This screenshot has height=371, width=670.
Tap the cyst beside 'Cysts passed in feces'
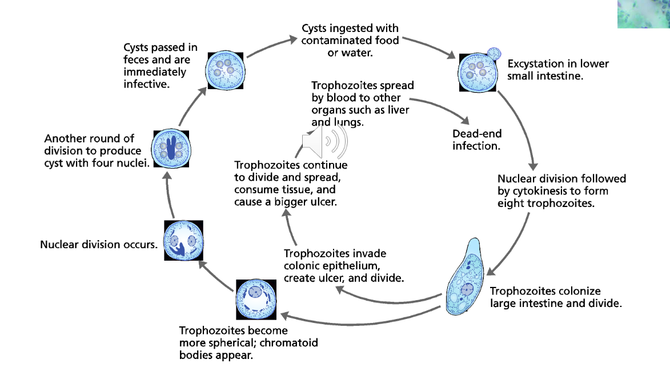[x=226, y=69]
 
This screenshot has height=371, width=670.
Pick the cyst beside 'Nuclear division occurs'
[x=184, y=241]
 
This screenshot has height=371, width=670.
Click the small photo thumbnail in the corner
[x=643, y=14]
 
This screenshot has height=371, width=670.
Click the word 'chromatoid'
[x=290, y=343]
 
